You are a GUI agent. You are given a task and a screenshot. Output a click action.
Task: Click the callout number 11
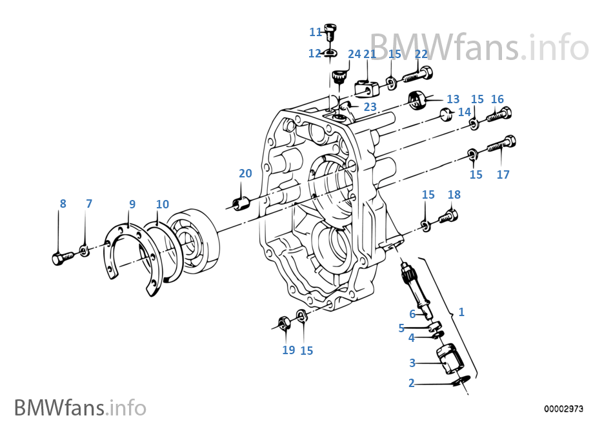tap(316, 32)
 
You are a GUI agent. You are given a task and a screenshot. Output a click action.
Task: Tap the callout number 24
tap(354, 54)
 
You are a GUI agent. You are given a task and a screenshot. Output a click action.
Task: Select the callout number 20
tap(245, 173)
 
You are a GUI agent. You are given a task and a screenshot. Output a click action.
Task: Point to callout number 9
tap(132, 204)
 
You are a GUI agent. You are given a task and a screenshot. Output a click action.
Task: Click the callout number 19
tap(288, 350)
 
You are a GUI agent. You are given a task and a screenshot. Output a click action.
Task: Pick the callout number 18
tap(454, 195)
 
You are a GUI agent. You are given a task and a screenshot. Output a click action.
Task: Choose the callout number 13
tap(453, 99)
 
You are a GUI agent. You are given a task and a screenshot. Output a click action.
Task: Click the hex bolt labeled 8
tap(59, 257)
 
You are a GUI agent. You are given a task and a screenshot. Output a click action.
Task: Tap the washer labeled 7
tap(85, 250)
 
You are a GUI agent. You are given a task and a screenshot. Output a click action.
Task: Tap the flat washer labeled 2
tap(460, 382)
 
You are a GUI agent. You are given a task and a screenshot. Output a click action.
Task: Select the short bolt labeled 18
tap(449, 216)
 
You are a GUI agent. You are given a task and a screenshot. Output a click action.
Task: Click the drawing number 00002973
tap(564, 408)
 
